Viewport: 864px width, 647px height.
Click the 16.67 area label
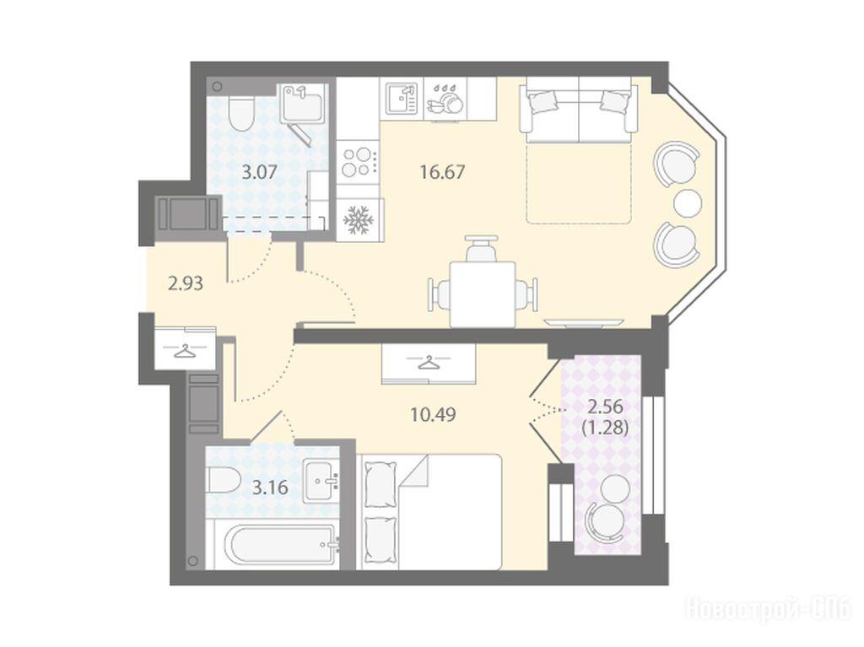click(442, 172)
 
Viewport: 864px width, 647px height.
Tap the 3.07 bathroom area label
click(260, 172)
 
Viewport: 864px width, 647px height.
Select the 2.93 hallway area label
click(186, 283)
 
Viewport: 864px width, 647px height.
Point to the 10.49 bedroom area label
click(433, 414)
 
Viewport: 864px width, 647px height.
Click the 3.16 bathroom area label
click(270, 488)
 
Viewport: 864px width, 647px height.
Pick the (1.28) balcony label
click(605, 428)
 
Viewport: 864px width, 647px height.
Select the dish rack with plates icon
click(445, 100)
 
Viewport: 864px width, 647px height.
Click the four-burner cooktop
click(358, 161)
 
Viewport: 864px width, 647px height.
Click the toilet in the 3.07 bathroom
click(240, 112)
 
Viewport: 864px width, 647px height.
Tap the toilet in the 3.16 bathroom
click(223, 479)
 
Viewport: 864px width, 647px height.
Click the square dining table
click(483, 294)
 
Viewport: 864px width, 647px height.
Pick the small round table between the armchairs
click(688, 202)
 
